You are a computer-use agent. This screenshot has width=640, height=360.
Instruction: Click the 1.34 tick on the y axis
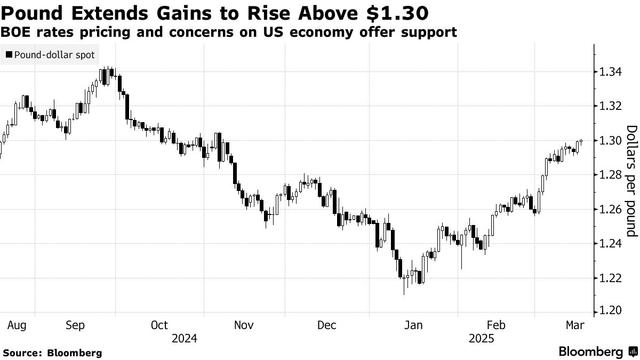[x=609, y=71]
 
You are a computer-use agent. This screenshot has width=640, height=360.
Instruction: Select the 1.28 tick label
[x=609, y=175]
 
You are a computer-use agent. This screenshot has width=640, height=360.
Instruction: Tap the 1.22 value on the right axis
[x=609, y=278]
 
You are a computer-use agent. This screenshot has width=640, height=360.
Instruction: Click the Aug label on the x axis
[x=18, y=325]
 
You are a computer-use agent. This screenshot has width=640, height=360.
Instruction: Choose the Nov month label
[x=243, y=325]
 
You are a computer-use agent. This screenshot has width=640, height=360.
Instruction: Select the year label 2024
[x=185, y=339]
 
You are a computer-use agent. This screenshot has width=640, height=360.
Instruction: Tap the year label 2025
[x=481, y=339]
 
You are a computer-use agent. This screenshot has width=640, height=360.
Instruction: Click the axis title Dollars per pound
[x=631, y=181]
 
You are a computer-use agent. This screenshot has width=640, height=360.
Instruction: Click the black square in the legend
[x=9, y=55]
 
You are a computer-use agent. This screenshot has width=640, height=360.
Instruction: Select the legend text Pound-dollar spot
[x=54, y=55]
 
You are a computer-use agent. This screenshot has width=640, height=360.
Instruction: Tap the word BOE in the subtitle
[x=15, y=33]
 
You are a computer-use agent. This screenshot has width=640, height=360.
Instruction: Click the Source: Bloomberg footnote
[x=52, y=353]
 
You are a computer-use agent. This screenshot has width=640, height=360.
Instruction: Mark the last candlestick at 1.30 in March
[x=581, y=141]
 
